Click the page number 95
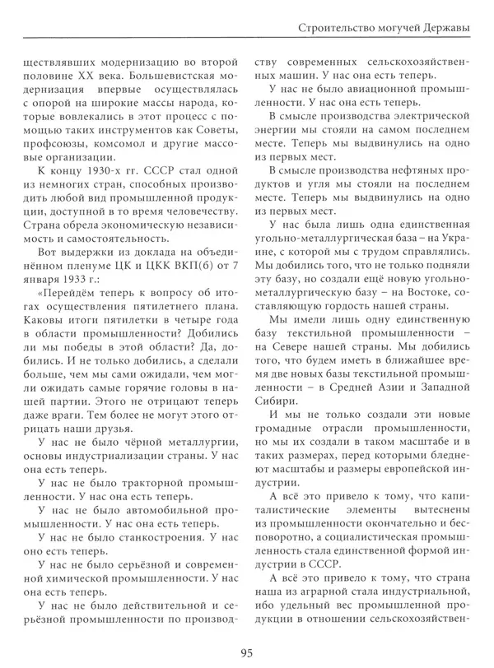click(x=246, y=653)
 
